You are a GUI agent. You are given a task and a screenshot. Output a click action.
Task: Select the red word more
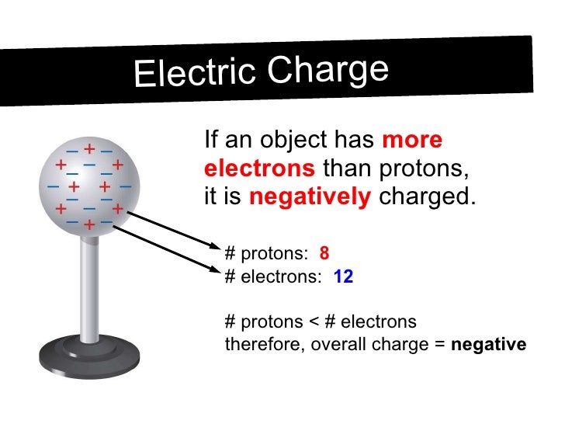coord(412,141)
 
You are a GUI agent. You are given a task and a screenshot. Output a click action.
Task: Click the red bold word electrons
coord(259,169)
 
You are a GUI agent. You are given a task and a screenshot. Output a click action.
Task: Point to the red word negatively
coord(310,197)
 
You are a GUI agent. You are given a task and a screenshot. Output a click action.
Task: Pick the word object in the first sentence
coord(288,141)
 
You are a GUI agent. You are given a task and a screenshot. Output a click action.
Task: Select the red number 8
coord(324,253)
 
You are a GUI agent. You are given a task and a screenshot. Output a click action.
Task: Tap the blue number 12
coord(343,276)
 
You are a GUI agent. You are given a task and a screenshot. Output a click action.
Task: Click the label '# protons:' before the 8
coord(266,253)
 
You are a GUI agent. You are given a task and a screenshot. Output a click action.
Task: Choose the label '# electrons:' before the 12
coord(272,276)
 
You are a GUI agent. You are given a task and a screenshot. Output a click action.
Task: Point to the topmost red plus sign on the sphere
coord(89,148)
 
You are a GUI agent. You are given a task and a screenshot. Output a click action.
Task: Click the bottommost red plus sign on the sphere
coord(89,225)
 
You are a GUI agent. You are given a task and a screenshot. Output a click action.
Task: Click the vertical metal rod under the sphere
coord(91,280)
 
